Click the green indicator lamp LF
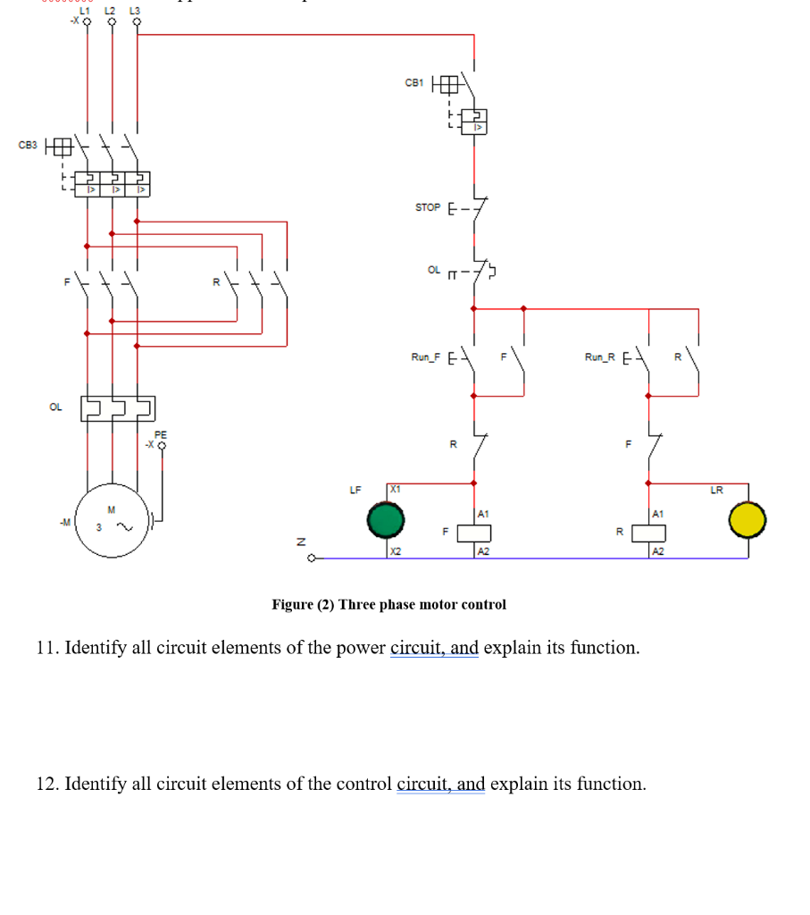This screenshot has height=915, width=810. pos(387,519)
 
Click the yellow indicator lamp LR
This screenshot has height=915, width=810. pos(747,519)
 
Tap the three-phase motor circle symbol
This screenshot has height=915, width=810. pos(113,520)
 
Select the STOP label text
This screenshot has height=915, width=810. pos(428,207)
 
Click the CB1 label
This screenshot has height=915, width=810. pos(413,83)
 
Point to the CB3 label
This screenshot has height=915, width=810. pos(28,145)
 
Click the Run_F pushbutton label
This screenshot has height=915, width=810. pos(426,357)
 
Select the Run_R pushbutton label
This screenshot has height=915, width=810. pos(600,357)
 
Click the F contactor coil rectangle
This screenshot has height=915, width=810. pos(472,533)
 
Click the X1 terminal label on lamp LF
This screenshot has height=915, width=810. pos(396,489)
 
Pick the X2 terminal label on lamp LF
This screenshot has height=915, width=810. pos(396,551)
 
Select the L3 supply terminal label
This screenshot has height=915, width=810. pos(136,10)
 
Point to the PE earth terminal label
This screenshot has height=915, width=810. pos(161,433)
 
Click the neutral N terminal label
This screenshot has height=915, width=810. pos(301,541)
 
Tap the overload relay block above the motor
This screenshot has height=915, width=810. pos(117,407)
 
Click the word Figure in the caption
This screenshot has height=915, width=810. pos(293,605)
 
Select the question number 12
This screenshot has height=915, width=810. pos(46,785)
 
